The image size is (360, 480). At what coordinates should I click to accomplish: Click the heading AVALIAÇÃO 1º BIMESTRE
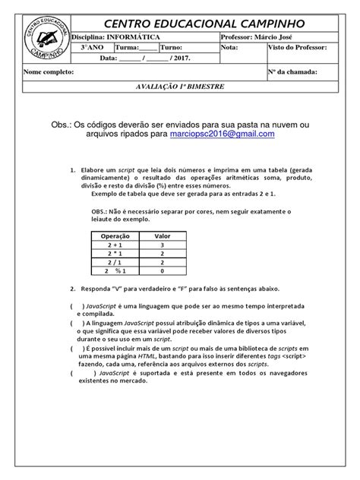(180, 87)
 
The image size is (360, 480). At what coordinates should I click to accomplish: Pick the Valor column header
(163, 236)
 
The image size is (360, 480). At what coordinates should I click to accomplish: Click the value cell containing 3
(163, 245)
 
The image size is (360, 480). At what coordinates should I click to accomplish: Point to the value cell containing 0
(163, 270)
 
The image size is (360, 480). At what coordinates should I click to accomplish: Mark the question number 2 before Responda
(71, 289)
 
